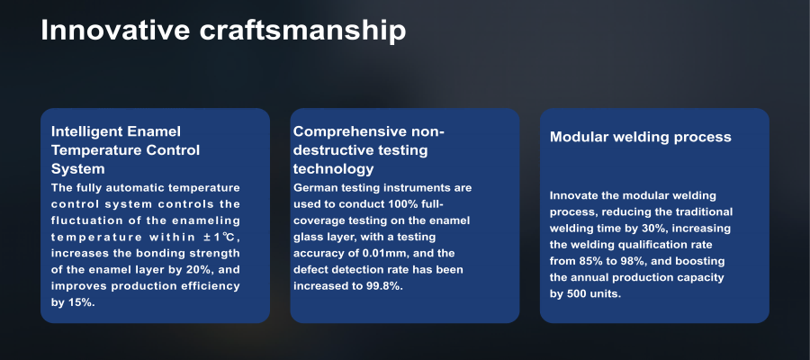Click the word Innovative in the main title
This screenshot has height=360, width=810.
(115, 30)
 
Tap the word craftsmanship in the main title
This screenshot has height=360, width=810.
(302, 31)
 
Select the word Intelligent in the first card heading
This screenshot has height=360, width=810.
(83, 131)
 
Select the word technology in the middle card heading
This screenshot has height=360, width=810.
(333, 169)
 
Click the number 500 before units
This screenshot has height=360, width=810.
(576, 294)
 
